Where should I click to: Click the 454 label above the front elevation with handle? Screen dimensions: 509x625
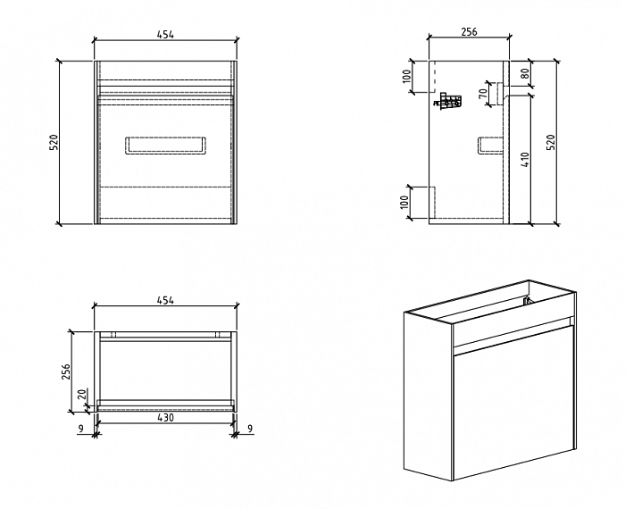[165, 34]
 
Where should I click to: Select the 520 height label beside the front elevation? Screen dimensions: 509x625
[53, 142]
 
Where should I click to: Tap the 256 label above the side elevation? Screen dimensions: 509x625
[468, 31]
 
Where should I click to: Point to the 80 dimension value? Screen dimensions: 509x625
[525, 74]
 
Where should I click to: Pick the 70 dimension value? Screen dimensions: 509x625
[483, 92]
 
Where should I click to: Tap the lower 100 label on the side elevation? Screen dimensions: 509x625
[407, 204]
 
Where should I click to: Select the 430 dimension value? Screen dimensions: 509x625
[165, 417]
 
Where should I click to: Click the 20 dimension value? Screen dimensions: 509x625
[81, 395]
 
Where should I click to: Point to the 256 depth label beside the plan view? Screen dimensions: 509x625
[65, 371]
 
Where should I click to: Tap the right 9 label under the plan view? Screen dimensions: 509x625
[249, 430]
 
